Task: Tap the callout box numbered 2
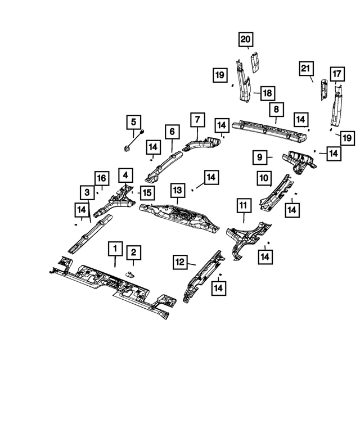coord(133,253)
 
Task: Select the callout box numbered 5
coord(133,122)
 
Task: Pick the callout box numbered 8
coord(276,109)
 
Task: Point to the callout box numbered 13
coord(178,190)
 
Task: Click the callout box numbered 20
coord(245,39)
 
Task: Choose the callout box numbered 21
coord(306,69)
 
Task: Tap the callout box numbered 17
coord(337,74)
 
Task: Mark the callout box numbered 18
coord(268,93)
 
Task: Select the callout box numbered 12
coord(180,262)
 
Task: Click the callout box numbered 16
coord(102,178)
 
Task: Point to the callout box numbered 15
coord(147,192)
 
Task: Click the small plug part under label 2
coord(130,275)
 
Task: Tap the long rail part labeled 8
coord(269,130)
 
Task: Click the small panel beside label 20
coord(255,62)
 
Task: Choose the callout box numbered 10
coord(264,178)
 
